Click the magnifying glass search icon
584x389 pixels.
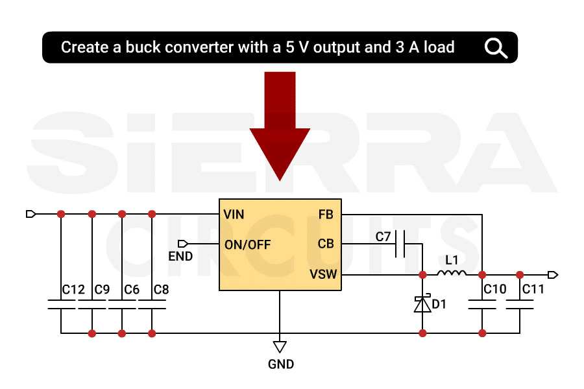point(496,47)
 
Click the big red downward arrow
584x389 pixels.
point(280,123)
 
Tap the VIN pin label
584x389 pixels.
point(234,214)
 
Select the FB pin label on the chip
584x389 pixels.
point(326,214)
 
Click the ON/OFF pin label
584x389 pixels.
point(247,244)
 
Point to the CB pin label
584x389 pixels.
point(326,244)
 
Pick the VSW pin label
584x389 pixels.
point(323,274)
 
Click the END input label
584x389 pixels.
point(180,256)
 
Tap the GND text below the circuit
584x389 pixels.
point(281,364)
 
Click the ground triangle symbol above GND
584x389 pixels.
point(280,346)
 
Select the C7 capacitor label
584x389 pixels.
point(383,237)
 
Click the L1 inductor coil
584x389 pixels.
point(452,274)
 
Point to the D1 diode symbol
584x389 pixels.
point(422,303)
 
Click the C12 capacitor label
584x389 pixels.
point(73,290)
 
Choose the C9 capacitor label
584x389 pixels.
point(102,290)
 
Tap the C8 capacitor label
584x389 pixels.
point(161,290)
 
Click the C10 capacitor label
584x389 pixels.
point(495,290)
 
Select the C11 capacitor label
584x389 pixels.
point(533,290)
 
